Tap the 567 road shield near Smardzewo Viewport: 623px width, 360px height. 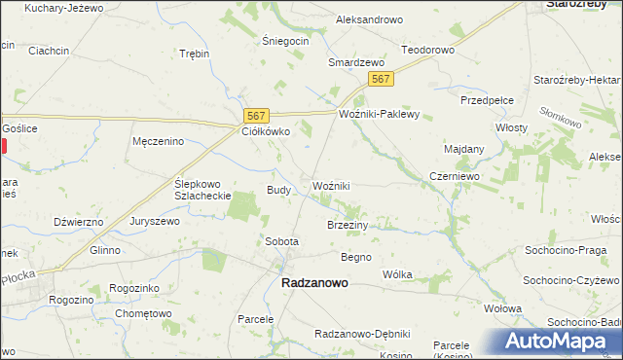click(x=383, y=79)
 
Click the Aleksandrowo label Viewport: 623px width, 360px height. click(x=369, y=19)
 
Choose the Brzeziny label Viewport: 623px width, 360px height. click(x=348, y=224)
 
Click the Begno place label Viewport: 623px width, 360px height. click(x=355, y=257)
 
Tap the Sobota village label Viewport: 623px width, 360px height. click(x=281, y=240)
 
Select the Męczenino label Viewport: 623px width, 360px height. click(x=158, y=141)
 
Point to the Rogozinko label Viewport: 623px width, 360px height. click(x=134, y=288)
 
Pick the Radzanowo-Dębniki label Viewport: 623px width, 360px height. click(x=362, y=334)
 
